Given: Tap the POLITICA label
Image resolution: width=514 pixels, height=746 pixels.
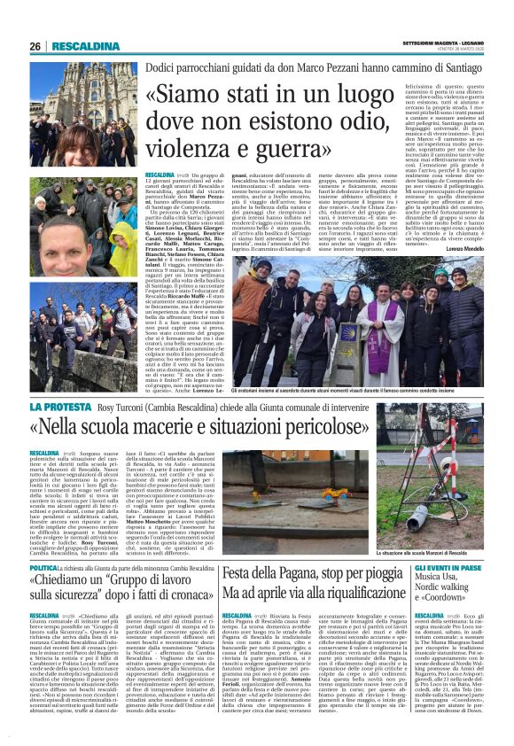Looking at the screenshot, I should pos(43,565).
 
